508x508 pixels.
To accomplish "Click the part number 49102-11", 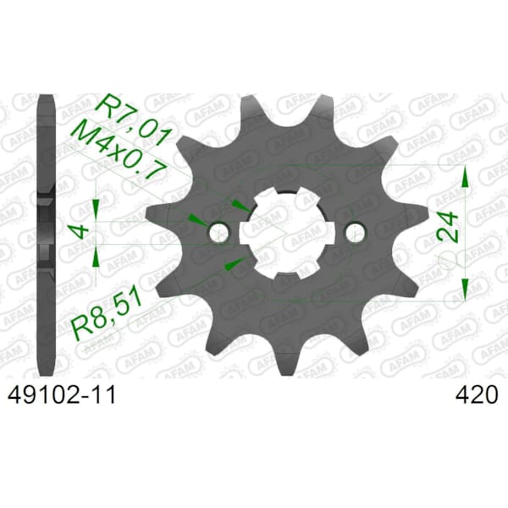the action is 62,395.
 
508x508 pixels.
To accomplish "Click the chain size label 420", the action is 476,395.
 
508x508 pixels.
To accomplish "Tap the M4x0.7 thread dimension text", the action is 119,153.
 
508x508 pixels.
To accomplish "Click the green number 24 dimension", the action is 448,227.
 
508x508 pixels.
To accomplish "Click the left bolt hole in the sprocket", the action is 218,232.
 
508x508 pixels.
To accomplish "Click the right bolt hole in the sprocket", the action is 356,232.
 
